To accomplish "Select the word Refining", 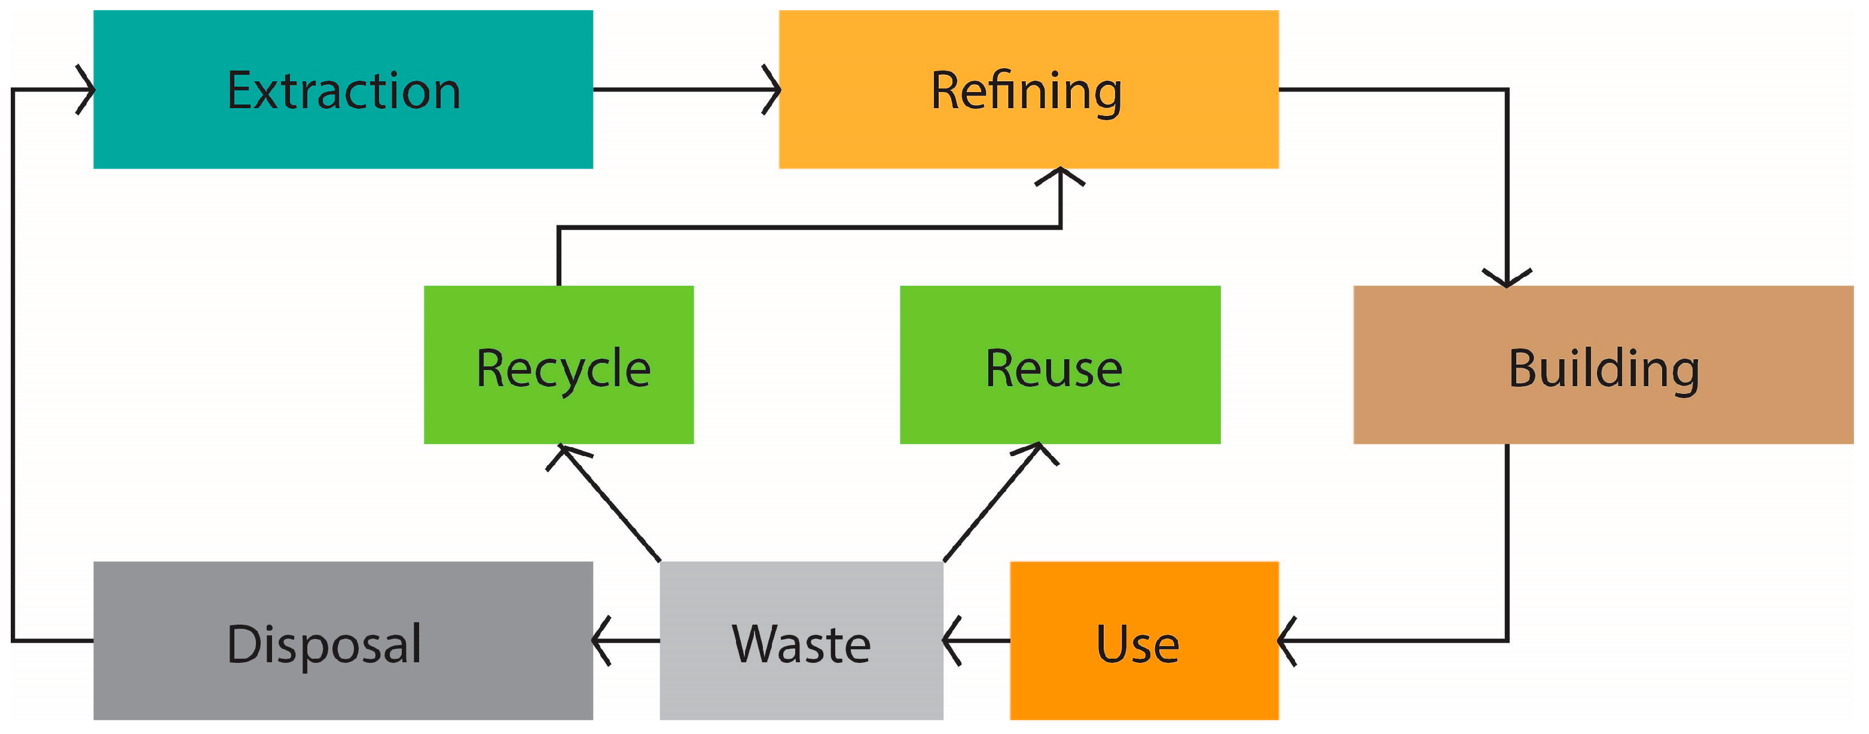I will coord(1026,91).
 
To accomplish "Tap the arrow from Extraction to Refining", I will coord(686,89).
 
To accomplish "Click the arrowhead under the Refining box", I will coord(1060,176).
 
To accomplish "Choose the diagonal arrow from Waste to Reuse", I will coord(992,502).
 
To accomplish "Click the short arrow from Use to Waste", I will coord(976,640).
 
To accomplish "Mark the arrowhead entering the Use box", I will coord(1287,640).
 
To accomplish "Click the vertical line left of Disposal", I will coord(13,363).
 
